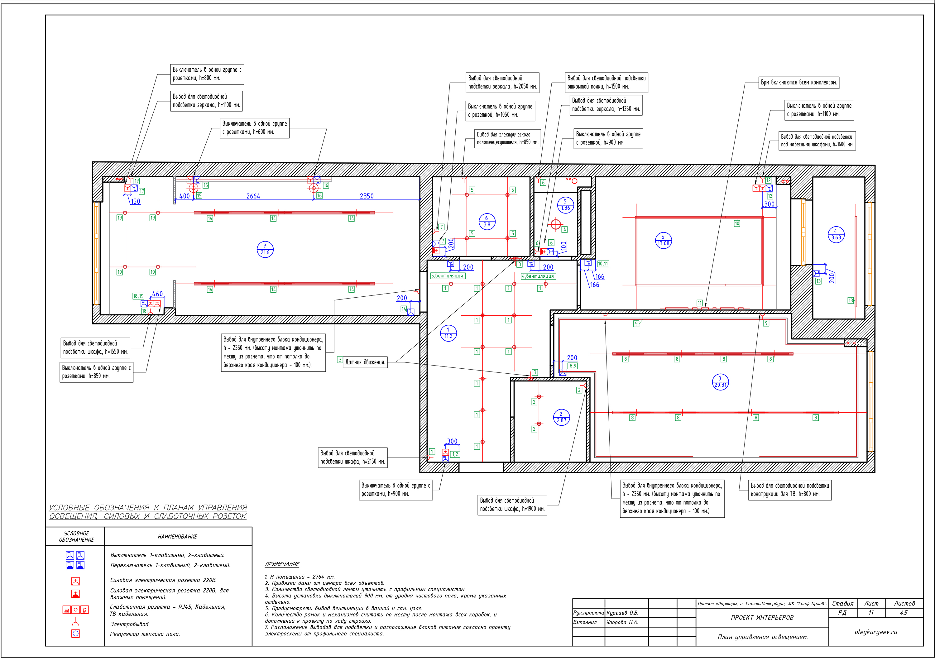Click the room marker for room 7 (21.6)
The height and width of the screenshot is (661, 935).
[x=265, y=249]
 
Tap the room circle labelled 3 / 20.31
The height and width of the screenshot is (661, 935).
[x=720, y=382]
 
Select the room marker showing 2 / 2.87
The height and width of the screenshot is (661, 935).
[x=561, y=417]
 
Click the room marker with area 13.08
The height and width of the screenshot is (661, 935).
[x=663, y=240]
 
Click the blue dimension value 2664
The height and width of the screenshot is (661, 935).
[x=253, y=196]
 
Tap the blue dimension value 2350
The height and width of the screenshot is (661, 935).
[x=367, y=196]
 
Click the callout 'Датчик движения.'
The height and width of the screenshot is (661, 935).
[x=365, y=362]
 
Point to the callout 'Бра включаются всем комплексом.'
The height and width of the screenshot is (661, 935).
[x=798, y=82]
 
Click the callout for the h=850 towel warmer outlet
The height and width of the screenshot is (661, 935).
[x=507, y=138]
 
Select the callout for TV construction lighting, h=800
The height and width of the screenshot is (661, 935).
[x=790, y=490]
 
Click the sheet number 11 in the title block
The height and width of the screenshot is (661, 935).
[x=871, y=612]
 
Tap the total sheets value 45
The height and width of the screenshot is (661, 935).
[x=903, y=612]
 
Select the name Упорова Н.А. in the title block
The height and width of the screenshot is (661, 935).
[x=622, y=622]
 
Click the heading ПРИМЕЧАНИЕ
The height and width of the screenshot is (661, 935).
[x=282, y=564]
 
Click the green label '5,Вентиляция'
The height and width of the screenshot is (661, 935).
[x=448, y=276]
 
